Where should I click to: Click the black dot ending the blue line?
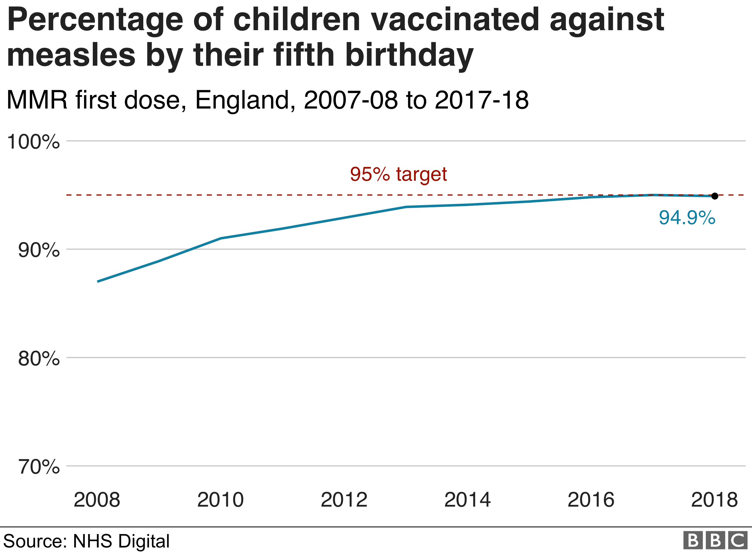pyautogui.click(x=714, y=196)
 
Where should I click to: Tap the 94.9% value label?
pyautogui.click(x=687, y=218)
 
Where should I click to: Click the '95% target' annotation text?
pyautogui.click(x=398, y=174)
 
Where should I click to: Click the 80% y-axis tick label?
pyautogui.click(x=39, y=359)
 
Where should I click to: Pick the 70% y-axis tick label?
pyautogui.click(x=39, y=467)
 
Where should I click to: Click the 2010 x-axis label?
pyautogui.click(x=220, y=500)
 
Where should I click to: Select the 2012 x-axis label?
pyautogui.click(x=344, y=500)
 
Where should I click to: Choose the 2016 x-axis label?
pyautogui.click(x=591, y=500)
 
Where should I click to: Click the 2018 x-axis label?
pyautogui.click(x=714, y=500)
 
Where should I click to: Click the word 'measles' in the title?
pyautogui.click(x=71, y=55)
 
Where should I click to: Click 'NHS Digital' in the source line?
pyautogui.click(x=121, y=541)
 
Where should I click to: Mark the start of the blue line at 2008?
pyautogui.click(x=98, y=281)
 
